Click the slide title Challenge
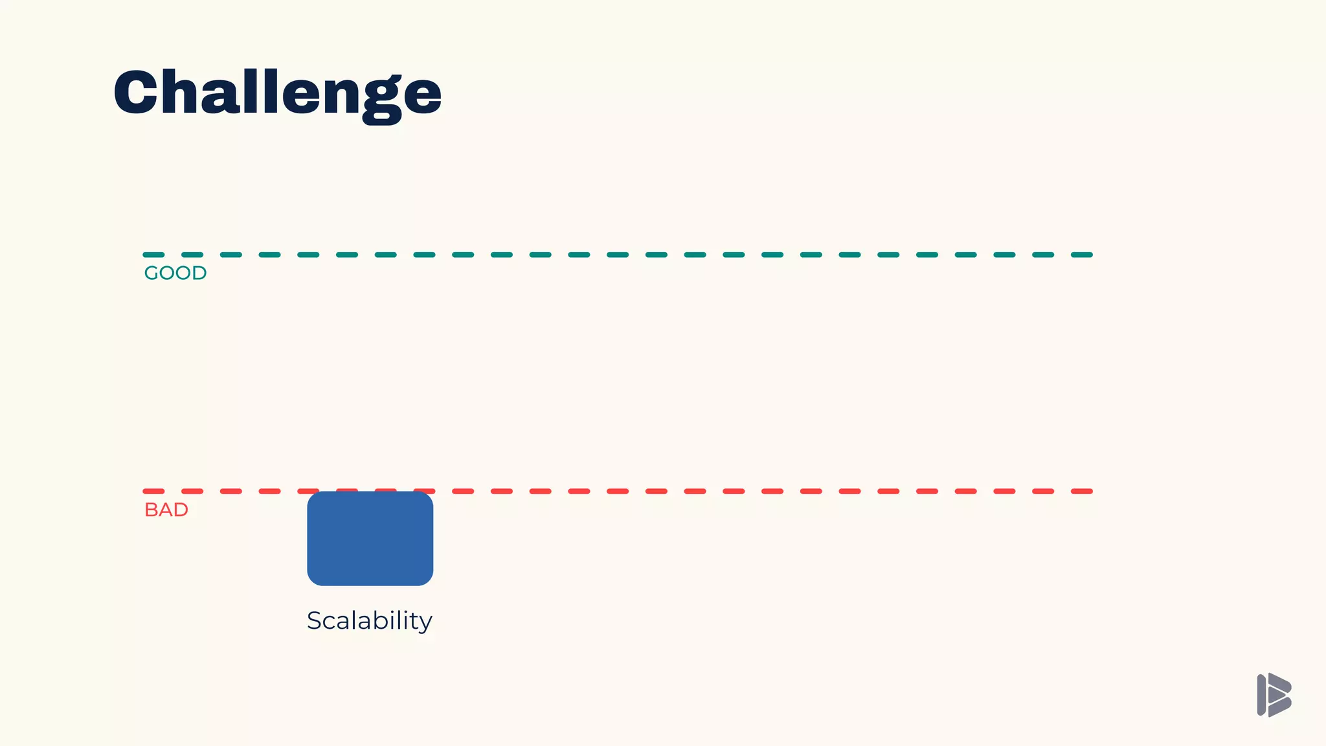(277, 94)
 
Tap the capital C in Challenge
(136, 93)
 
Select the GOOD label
(175, 273)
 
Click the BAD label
(166, 510)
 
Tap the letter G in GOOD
(152, 273)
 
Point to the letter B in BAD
(150, 510)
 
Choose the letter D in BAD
(181, 510)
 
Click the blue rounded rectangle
(370, 539)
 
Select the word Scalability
(369, 621)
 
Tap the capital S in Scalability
(315, 620)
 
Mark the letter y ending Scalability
(425, 623)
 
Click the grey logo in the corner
(1274, 695)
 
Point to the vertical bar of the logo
(1261, 695)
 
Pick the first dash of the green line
(153, 255)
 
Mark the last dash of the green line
(1082, 255)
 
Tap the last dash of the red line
(1082, 492)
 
